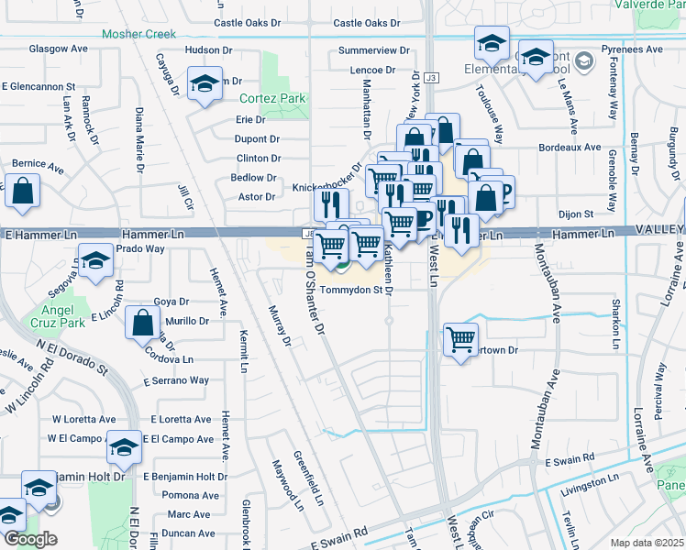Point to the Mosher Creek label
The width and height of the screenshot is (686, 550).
[138, 34]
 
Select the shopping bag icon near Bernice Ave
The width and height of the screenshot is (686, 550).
[23, 192]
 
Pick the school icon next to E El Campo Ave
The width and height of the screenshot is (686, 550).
[124, 447]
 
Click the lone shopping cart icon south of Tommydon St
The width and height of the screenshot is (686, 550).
[460, 339]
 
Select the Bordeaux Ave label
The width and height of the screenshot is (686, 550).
[569, 147]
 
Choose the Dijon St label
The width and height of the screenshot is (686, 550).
[576, 214]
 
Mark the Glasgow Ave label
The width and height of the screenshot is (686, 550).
[58, 48]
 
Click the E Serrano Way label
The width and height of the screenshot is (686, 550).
[176, 379]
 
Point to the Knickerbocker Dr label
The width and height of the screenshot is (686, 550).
[328, 188]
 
